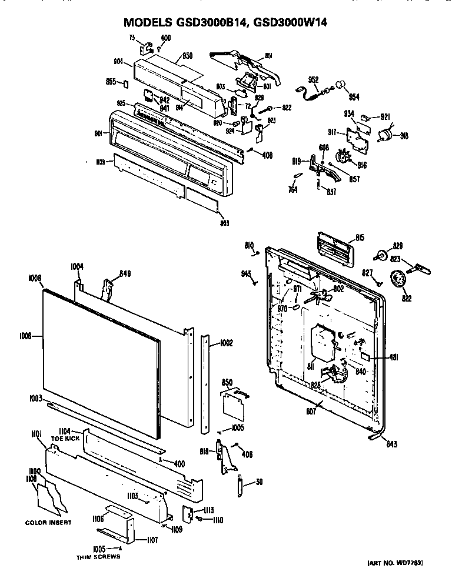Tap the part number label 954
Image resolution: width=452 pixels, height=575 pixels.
click(354, 96)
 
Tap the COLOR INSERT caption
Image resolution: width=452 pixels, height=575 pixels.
click(48, 523)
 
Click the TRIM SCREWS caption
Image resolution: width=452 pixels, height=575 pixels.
click(98, 556)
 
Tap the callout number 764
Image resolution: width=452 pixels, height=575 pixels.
click(293, 189)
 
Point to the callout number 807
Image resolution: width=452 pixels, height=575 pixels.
click(311, 412)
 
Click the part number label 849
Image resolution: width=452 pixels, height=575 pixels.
click(124, 273)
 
